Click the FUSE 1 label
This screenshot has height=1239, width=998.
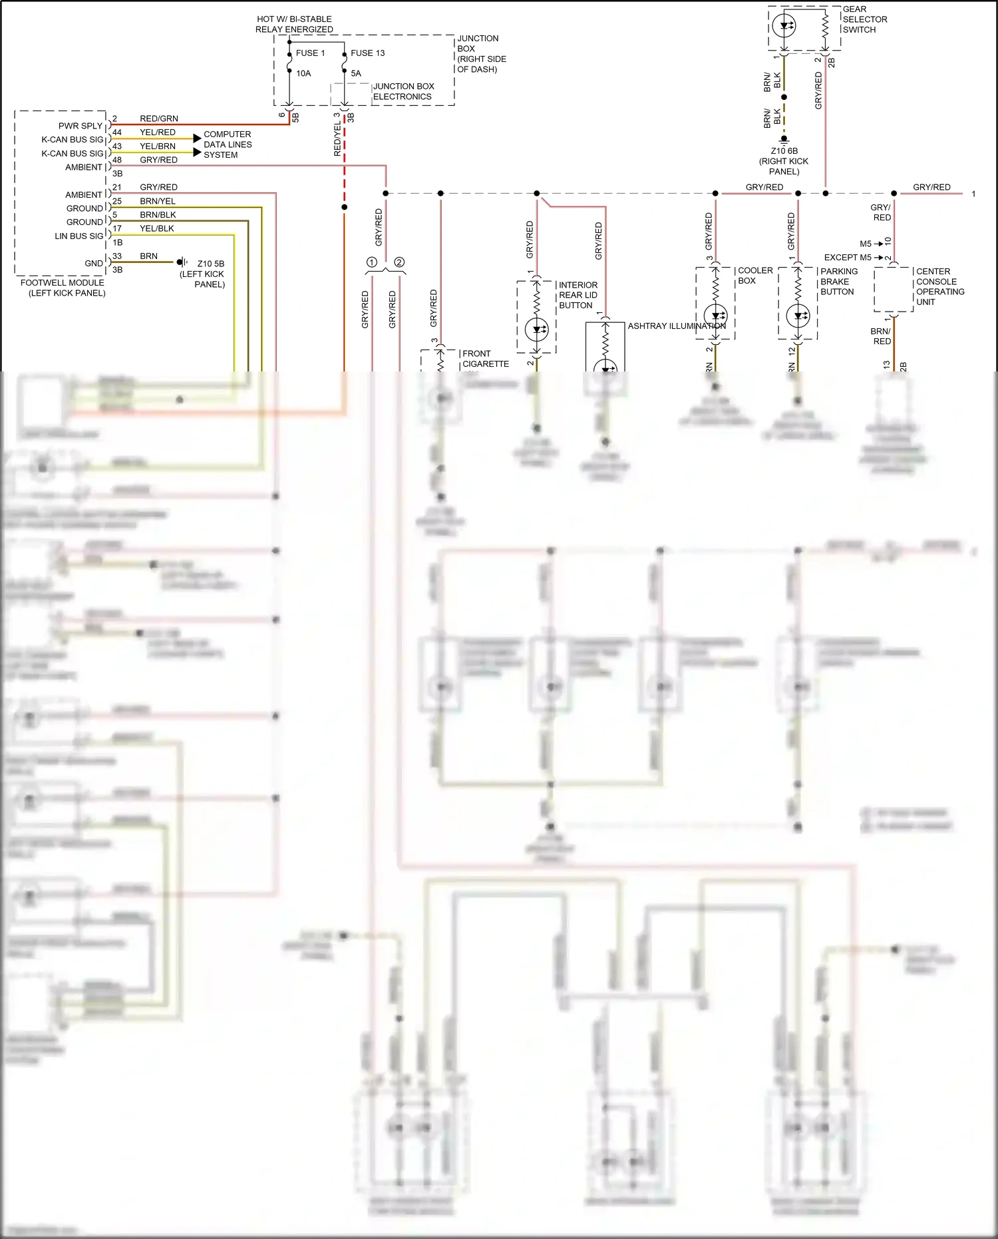point(310,53)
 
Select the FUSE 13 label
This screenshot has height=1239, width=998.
point(367,53)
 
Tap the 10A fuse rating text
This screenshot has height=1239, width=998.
point(303,74)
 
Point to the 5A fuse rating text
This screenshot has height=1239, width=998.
point(356,74)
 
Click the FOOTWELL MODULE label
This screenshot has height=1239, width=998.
point(63,288)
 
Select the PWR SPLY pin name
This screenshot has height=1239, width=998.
point(81,126)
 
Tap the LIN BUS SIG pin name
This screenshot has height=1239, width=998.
point(79,236)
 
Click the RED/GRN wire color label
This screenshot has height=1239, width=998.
point(158,119)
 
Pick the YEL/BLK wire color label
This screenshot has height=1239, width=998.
point(157,228)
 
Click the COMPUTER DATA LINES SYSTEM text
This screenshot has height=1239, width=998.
point(228,144)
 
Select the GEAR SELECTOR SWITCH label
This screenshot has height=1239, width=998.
point(864,19)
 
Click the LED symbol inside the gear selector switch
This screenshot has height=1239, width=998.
point(784,27)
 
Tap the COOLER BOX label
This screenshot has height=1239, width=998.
point(754,276)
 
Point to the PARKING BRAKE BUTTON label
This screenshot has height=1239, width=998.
point(838,282)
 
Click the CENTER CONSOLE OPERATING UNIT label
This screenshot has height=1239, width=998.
point(939,286)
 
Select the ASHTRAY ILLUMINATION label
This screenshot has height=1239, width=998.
point(677,326)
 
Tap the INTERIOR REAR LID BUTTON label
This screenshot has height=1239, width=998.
point(578,295)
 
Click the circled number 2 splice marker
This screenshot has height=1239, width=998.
point(399,262)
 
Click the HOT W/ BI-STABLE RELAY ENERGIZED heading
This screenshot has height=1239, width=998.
point(294,24)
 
